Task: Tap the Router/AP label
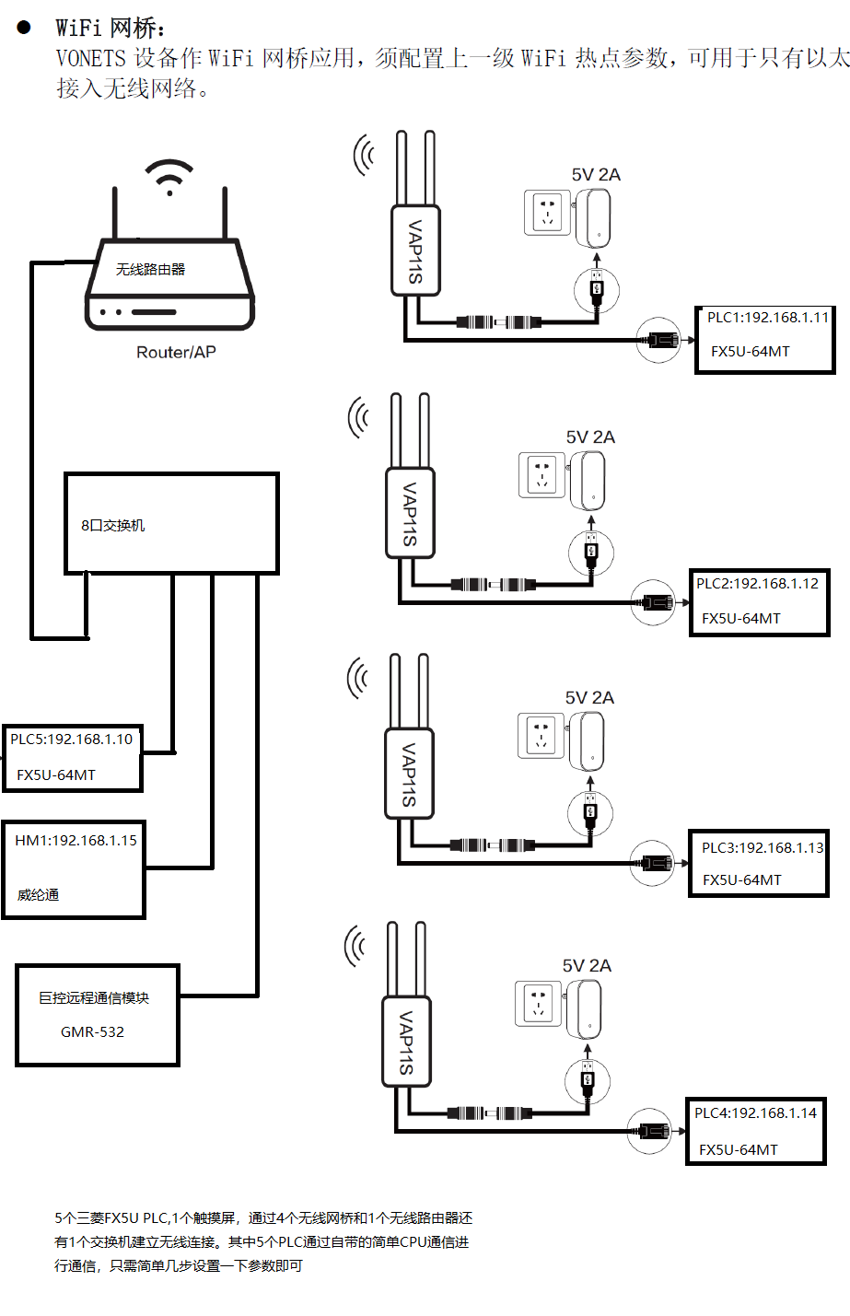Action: pyautogui.click(x=176, y=352)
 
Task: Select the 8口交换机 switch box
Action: pyautogui.click(x=171, y=524)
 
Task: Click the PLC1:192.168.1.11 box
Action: pyautogui.click(x=764, y=340)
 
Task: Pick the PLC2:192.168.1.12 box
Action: pyautogui.click(x=759, y=602)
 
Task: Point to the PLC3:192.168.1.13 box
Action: pyautogui.click(x=759, y=863)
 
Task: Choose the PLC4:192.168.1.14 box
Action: pyautogui.click(x=755, y=1131)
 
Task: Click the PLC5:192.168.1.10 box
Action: pyautogui.click(x=72, y=757)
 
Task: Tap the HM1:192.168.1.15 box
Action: pyautogui.click(x=74, y=868)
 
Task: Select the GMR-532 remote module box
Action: pyautogui.click(x=97, y=1015)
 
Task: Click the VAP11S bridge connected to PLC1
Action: pyautogui.click(x=415, y=250)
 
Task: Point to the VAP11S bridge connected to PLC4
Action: pyautogui.click(x=405, y=1042)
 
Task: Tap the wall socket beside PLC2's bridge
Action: pyautogui.click(x=541, y=474)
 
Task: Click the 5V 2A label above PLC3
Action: pyautogui.click(x=589, y=698)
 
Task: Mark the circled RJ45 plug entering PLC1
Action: pyautogui.click(x=659, y=340)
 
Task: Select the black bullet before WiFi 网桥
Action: pyautogui.click(x=24, y=28)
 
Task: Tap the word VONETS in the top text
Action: pyautogui.click(x=90, y=58)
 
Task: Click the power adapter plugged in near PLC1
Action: pyautogui.click(x=594, y=218)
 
